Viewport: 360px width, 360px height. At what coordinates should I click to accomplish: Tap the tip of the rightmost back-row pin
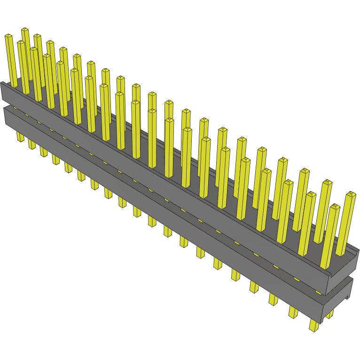(351, 193)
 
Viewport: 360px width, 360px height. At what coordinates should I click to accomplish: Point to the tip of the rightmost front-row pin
(335, 206)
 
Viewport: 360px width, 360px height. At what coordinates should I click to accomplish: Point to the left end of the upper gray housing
(2, 92)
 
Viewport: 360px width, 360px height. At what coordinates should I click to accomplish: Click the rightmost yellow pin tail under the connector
(313, 326)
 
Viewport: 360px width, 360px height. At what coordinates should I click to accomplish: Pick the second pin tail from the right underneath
(293, 312)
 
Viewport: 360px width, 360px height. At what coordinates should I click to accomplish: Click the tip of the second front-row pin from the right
(311, 194)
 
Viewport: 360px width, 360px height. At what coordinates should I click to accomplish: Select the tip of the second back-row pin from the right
(326, 182)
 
